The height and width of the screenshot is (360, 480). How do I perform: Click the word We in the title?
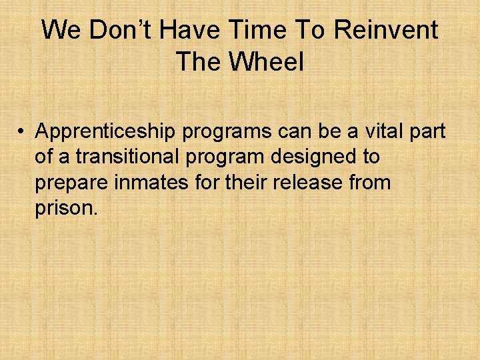pyautogui.click(x=60, y=30)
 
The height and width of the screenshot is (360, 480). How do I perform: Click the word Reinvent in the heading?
pyautogui.click(x=387, y=30)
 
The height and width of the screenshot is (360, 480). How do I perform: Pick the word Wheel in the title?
pyautogui.click(x=266, y=62)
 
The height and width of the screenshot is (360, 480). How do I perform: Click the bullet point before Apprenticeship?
pyautogui.click(x=22, y=132)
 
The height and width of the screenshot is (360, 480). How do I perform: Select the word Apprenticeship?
pyautogui.click(x=106, y=132)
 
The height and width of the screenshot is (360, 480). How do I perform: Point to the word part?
pyautogui.click(x=425, y=132)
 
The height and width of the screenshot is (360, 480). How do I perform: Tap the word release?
pyautogui.click(x=309, y=183)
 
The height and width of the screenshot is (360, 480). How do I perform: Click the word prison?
pyautogui.click(x=66, y=207)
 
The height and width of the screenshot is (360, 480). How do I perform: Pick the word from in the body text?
pyautogui.click(x=370, y=183)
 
